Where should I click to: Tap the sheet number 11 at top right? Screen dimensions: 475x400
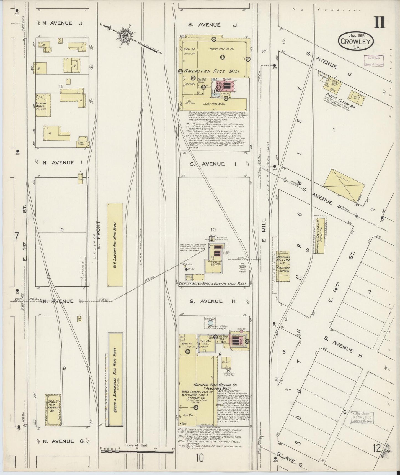(x=380, y=22)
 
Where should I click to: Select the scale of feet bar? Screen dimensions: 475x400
(x=138, y=451)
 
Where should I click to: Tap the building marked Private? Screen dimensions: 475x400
(x=343, y=185)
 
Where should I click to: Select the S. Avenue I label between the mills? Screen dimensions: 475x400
(x=212, y=164)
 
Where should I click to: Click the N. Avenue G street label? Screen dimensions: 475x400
(x=58, y=441)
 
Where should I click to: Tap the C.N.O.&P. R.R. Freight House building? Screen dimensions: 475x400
(x=52, y=410)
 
